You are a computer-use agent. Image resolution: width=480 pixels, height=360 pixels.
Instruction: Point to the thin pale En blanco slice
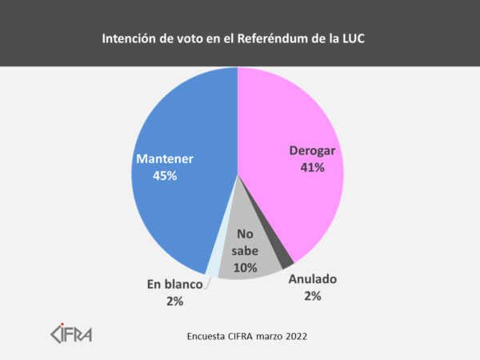pyautogui.click(x=211, y=268)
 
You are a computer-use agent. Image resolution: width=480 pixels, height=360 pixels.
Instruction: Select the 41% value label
pyautogui.click(x=311, y=167)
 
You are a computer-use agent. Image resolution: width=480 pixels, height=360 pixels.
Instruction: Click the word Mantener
pyautogui.click(x=165, y=158)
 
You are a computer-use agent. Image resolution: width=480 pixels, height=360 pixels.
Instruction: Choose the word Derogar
pyautogui.click(x=312, y=151)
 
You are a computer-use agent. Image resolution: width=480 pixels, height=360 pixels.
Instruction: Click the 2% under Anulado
pyautogui.click(x=312, y=296)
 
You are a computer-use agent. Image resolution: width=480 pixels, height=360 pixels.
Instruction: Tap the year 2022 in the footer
pyautogui.click(x=291, y=337)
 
